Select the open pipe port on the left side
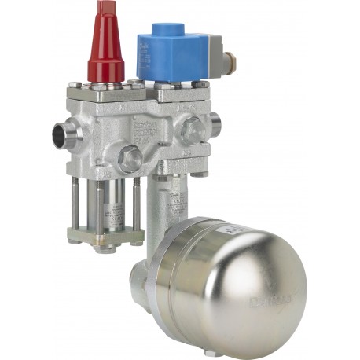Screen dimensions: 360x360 pos(63,135)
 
